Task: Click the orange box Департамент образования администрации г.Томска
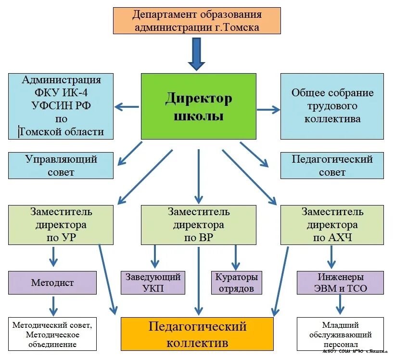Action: [x=197, y=21]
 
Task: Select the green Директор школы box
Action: [x=199, y=106]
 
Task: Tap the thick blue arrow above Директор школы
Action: [x=196, y=54]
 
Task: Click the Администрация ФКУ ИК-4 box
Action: [x=61, y=106]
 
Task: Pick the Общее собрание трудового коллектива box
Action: [x=332, y=106]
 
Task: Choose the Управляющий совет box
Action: [x=61, y=165]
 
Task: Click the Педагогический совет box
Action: [x=332, y=165]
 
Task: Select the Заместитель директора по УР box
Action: [x=61, y=224]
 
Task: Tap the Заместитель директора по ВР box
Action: [x=199, y=224]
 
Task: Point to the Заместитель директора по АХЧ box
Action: [x=332, y=224]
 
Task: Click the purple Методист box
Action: [x=52, y=283]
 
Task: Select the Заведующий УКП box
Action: [x=153, y=283]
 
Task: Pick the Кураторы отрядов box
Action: [x=237, y=283]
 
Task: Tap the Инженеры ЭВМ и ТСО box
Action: [x=340, y=283]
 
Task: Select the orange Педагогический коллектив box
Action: [x=197, y=334]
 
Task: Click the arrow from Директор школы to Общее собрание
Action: [x=268, y=110]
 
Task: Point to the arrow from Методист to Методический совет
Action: [x=53, y=306]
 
